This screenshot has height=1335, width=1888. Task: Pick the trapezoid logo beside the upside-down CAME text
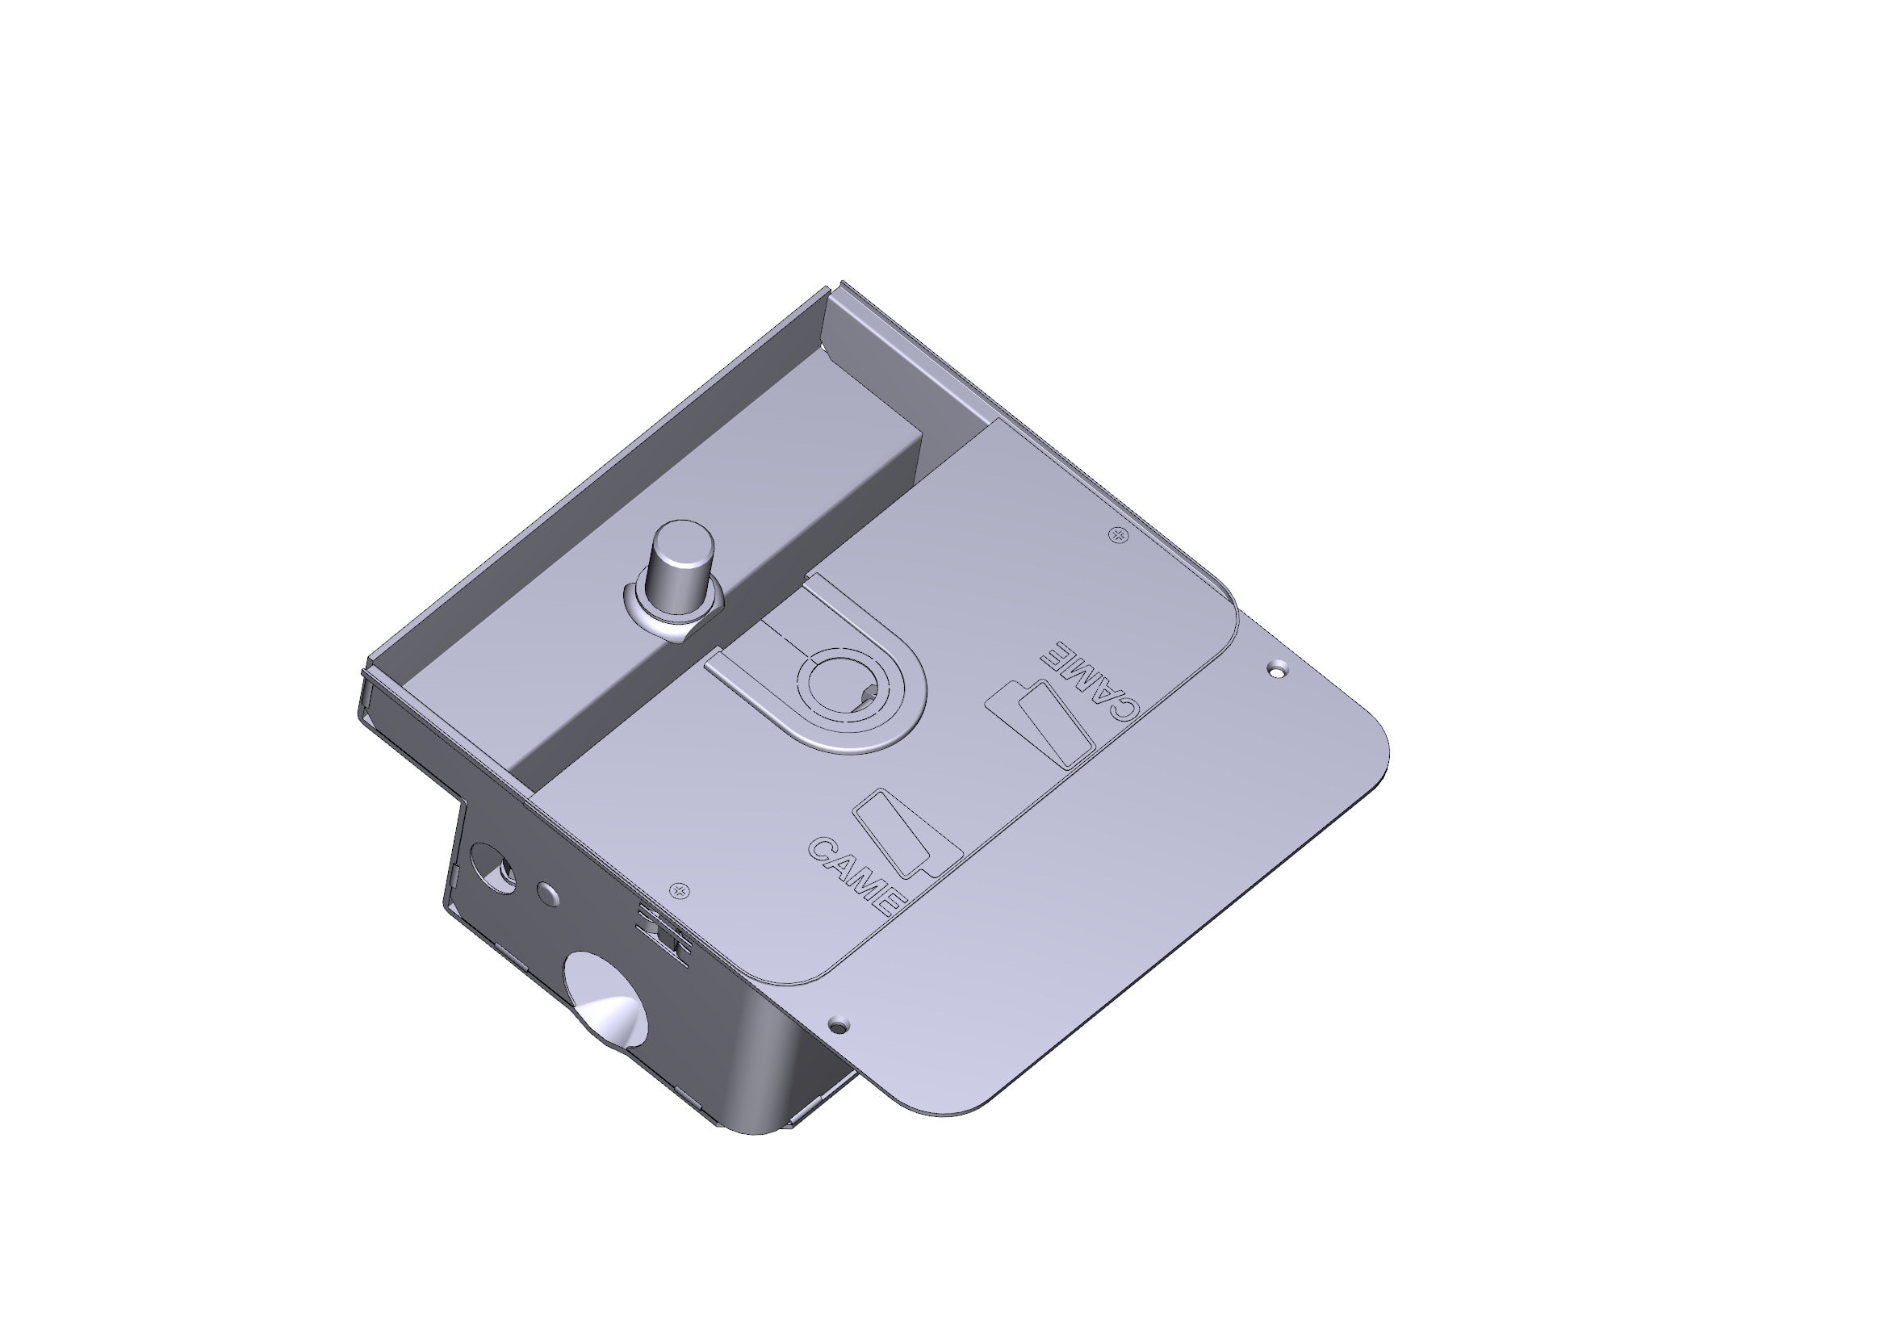[1041, 723]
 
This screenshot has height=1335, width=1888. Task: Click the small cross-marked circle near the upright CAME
[679, 890]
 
